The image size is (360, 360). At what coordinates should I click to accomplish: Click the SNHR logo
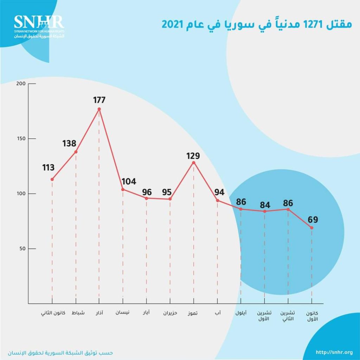point(39,26)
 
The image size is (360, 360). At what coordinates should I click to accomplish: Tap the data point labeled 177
point(99,109)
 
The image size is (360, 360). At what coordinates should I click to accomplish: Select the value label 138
point(70,143)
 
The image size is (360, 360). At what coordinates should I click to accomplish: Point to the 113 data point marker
point(52,179)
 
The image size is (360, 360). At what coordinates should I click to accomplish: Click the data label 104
point(129,181)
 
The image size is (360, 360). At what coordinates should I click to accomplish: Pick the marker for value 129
point(193,162)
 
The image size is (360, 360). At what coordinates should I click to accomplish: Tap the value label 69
point(313,220)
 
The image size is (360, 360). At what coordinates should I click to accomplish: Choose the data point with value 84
point(264,211)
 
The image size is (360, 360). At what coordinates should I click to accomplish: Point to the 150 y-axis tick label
point(21,139)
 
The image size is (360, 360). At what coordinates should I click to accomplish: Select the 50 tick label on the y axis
point(22,249)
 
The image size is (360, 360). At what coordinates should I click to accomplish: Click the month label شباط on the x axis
point(78,313)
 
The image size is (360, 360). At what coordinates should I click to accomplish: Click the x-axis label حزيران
point(170,313)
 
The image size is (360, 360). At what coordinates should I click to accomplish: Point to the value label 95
point(167,192)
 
